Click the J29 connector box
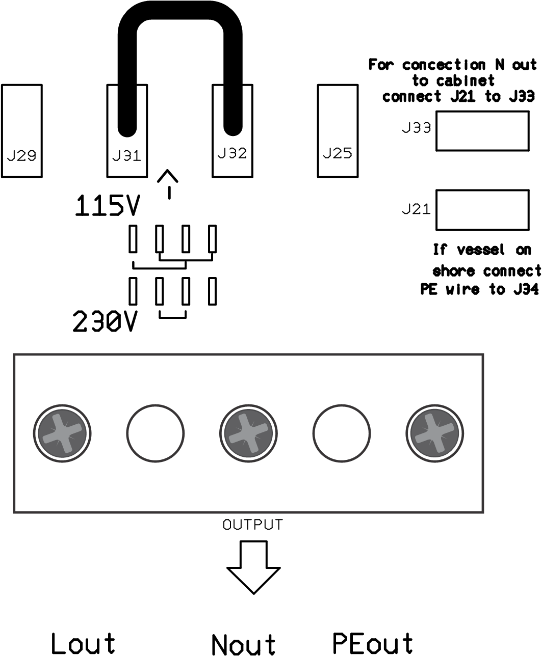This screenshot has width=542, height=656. pyautogui.click(x=22, y=131)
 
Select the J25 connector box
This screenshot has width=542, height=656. pyautogui.click(x=338, y=131)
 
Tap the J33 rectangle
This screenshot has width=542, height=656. pyautogui.click(x=482, y=131)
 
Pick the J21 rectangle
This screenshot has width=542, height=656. pyautogui.click(x=482, y=210)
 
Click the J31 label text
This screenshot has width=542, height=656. pyautogui.click(x=126, y=156)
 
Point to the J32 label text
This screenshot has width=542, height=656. pyautogui.click(x=232, y=153)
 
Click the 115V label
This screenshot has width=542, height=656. pyautogui.click(x=107, y=206)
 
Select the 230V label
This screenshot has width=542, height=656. pyautogui.click(x=105, y=322)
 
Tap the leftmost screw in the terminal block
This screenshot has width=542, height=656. pyautogui.click(x=63, y=433)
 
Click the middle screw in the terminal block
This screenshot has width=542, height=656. pyautogui.click(x=249, y=433)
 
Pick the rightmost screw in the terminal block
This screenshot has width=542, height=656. pyautogui.click(x=434, y=433)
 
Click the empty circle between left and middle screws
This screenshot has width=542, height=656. pyautogui.click(x=155, y=433)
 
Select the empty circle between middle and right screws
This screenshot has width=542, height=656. pyautogui.click(x=342, y=433)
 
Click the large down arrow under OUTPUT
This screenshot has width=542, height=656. pyautogui.click(x=253, y=566)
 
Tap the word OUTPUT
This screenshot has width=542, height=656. pyautogui.click(x=252, y=525)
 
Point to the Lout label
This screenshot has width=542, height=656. pyautogui.click(x=83, y=644)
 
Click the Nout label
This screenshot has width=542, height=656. pyautogui.click(x=243, y=645)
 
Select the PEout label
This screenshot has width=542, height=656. pyautogui.click(x=372, y=643)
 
